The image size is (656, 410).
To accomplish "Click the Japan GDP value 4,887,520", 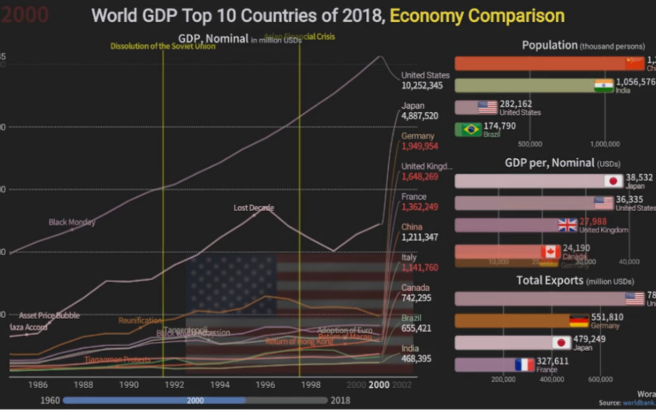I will click(x=419, y=116).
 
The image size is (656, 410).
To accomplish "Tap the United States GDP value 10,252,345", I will click(x=421, y=85).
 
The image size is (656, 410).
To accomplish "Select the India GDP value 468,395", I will click(x=416, y=359).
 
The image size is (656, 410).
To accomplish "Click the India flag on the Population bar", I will click(x=604, y=86).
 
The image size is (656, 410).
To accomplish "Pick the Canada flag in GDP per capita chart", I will click(x=551, y=252).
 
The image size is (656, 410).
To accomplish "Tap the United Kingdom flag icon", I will click(x=567, y=225).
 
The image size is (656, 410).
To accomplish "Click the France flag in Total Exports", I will click(x=525, y=365).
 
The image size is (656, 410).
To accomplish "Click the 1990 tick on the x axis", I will click(x=129, y=384).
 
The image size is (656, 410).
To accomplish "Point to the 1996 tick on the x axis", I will click(x=265, y=384).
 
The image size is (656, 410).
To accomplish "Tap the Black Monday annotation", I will click(x=72, y=222).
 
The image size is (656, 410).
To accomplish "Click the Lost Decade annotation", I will click(x=254, y=207).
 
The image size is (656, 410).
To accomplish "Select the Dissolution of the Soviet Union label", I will click(x=162, y=47).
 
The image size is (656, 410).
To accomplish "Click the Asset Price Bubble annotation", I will click(x=49, y=315).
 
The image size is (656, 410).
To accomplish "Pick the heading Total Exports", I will click(x=550, y=281).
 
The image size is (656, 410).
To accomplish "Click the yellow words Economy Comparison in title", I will click(x=477, y=16).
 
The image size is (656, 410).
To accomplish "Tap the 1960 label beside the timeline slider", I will click(x=49, y=400).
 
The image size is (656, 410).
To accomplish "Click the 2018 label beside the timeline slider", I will click(x=340, y=400).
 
